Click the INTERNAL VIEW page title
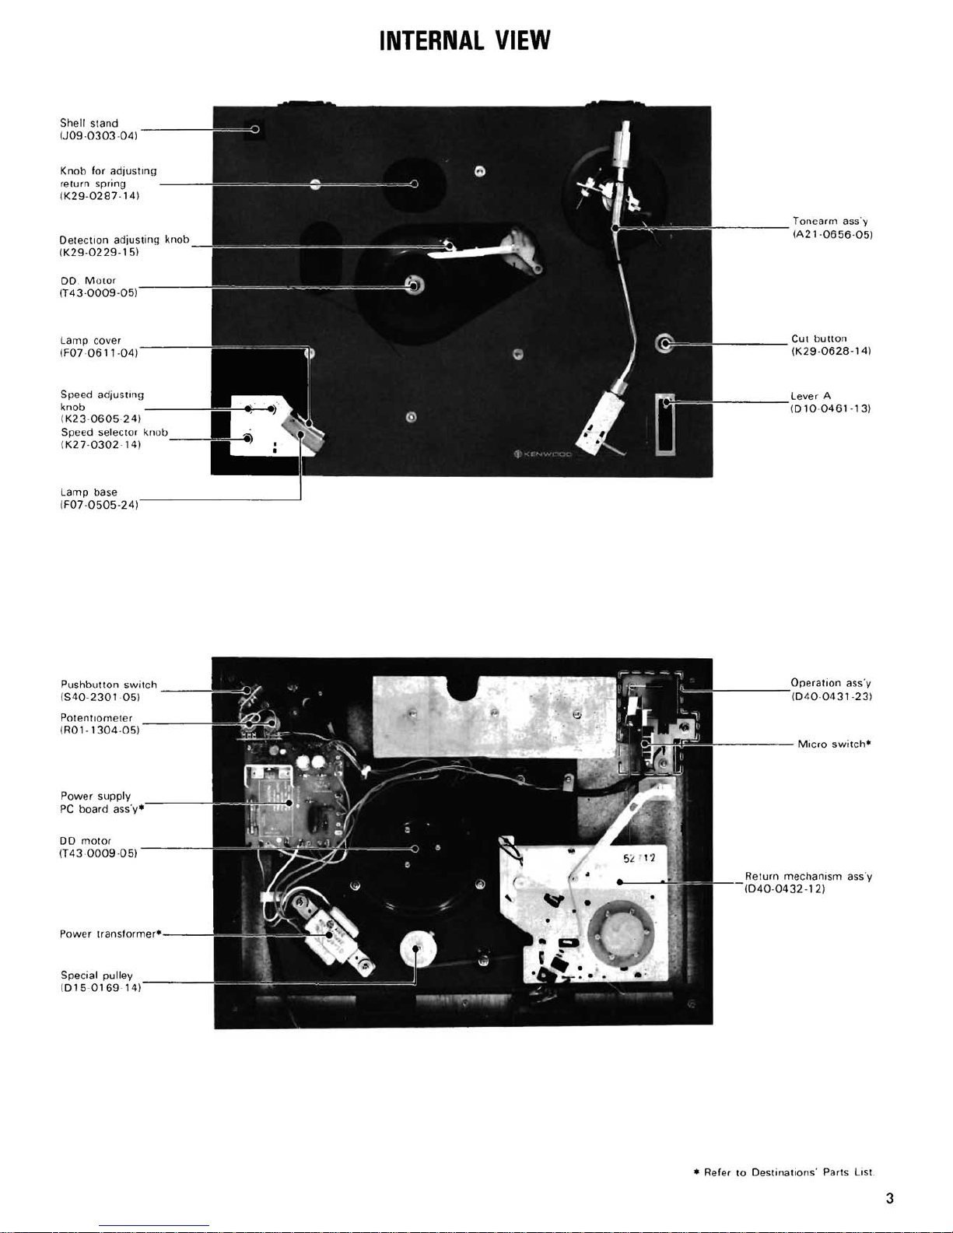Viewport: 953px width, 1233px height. click(464, 40)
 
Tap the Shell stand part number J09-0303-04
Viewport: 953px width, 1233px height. click(99, 136)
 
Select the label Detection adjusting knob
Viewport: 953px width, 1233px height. click(124, 240)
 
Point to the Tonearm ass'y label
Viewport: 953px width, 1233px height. click(830, 221)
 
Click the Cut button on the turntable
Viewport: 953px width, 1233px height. click(664, 343)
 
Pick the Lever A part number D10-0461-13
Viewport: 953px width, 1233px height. click(831, 408)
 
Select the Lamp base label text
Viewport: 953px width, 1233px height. click(89, 492)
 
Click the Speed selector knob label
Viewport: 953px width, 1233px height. click(114, 433)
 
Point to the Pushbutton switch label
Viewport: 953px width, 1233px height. click(109, 685)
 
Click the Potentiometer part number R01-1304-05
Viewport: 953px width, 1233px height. click(100, 730)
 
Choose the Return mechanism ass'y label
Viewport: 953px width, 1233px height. click(808, 876)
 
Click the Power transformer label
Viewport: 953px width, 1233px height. click(111, 934)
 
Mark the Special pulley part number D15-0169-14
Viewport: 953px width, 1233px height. click(100, 988)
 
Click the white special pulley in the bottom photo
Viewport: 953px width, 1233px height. click(418, 949)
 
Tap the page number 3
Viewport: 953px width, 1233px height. click(889, 1198)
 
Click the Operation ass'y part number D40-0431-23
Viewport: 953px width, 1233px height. click(832, 696)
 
